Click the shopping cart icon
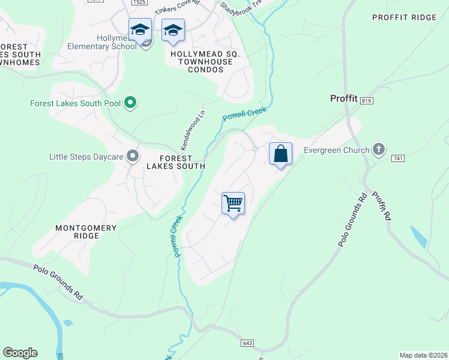point(233,203)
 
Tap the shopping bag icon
point(280,154)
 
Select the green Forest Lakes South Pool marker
point(130,104)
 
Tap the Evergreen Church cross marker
point(378,150)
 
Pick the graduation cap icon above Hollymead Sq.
point(173,30)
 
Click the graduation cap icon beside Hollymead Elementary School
point(140,30)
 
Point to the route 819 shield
point(367,101)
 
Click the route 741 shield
point(396,158)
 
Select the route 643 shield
point(248,343)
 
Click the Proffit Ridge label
point(404,17)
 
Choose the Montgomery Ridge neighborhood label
point(77,232)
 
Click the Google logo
point(20,353)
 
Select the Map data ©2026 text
point(423,355)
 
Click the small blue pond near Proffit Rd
point(418,237)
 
